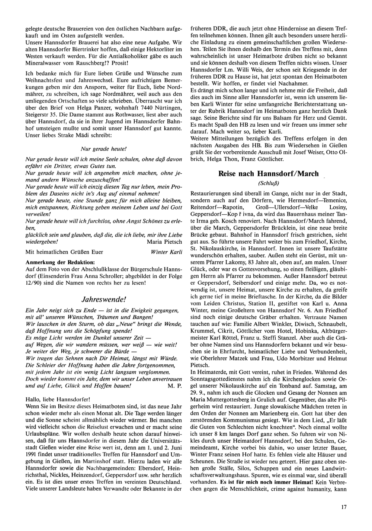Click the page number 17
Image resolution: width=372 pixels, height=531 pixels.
(343, 507)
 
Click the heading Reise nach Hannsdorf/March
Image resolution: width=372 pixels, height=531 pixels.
(268, 174)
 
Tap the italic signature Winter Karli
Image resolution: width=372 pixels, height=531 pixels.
(167, 252)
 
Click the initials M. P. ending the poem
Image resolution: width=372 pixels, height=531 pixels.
(174, 385)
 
